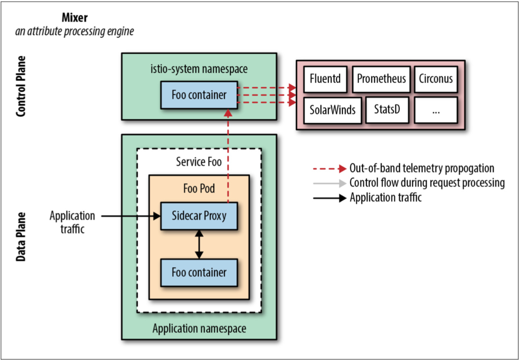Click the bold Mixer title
coord(74,18)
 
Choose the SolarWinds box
coord(333,110)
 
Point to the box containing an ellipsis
coord(436,110)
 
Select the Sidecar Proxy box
coord(199,216)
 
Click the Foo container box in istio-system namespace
coord(199,95)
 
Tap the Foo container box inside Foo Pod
coord(199,273)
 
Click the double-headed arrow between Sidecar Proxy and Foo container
coord(199,245)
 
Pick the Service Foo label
coord(199,162)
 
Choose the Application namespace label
coord(199,329)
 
